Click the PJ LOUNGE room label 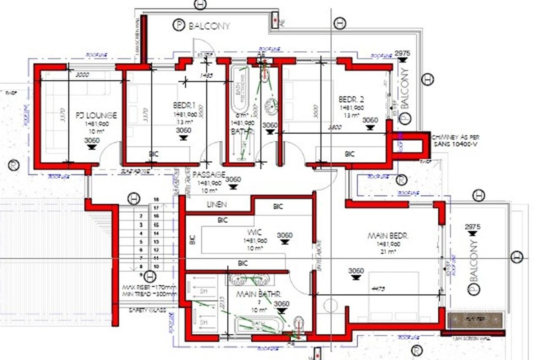point(96,115)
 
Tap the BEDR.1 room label point(184,105)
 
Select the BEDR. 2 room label point(351,99)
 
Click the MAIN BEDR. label point(388,235)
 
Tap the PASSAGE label point(209,175)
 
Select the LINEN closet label point(217,204)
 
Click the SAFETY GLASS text point(147,310)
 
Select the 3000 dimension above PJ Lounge point(82,75)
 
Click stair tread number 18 point(157,199)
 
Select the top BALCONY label point(209,26)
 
